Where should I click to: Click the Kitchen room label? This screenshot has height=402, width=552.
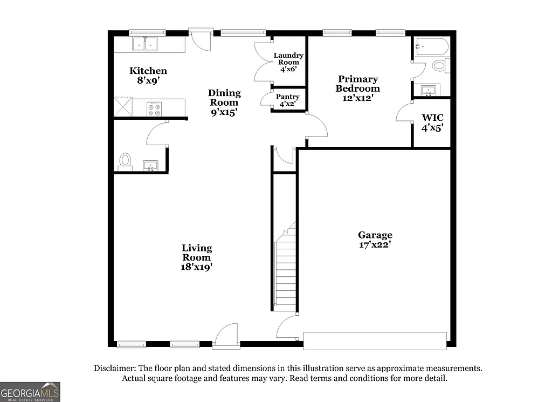(148, 76)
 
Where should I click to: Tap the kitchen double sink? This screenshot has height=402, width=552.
(144, 43)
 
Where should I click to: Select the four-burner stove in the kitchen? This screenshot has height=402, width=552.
(154, 109)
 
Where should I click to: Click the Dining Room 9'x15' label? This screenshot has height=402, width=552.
(224, 103)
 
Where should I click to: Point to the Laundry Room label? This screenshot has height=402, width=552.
(288, 62)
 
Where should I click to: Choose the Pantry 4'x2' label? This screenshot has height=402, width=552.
(287, 100)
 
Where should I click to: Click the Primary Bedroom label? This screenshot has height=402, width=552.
(357, 88)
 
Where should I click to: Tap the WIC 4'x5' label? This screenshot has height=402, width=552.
(432, 122)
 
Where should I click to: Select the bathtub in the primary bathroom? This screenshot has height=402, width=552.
(431, 48)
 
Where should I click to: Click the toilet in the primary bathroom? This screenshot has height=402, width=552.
(439, 66)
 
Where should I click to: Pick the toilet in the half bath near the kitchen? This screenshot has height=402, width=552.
(125, 161)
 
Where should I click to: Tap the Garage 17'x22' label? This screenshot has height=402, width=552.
(375, 239)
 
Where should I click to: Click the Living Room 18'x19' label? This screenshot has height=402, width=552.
(196, 257)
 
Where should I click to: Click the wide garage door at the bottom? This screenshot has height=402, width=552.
(375, 340)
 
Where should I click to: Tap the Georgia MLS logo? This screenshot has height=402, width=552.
(30, 391)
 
